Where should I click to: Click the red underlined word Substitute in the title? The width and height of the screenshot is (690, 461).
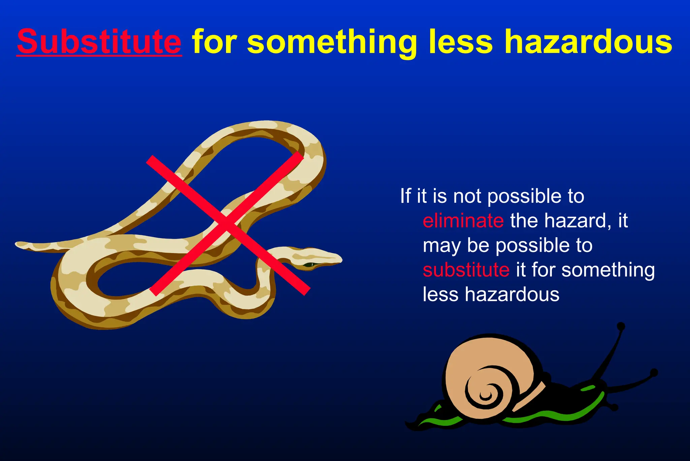point(99,42)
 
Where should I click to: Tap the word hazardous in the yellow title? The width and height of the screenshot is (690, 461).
point(588,42)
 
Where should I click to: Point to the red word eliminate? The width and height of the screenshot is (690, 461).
point(463,221)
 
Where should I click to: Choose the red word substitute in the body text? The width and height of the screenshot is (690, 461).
point(466,270)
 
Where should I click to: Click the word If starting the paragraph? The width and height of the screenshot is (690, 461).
point(405,196)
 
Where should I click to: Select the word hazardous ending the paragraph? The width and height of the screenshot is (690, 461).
point(512,294)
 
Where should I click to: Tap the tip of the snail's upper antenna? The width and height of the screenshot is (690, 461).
point(621,326)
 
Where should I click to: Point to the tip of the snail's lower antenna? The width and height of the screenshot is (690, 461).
point(654,373)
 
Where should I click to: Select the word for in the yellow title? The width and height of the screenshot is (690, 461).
point(214,42)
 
